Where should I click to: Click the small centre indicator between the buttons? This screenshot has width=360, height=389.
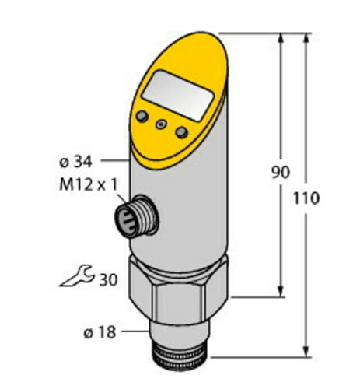[x=161, y=124]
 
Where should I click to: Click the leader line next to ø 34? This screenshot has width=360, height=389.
[x=114, y=160]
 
